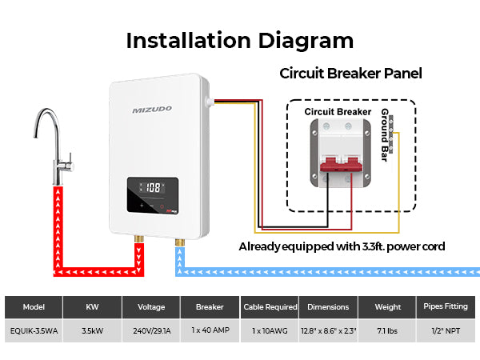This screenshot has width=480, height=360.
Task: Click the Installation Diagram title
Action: coord(239,40)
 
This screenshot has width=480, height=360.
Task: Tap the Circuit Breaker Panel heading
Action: coord(350,74)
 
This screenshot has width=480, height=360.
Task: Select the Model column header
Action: coord(34,306)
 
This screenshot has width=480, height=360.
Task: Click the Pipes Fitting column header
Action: coord(446,306)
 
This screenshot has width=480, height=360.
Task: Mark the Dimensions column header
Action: coord(328,306)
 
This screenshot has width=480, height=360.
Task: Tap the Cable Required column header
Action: coord(270,306)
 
